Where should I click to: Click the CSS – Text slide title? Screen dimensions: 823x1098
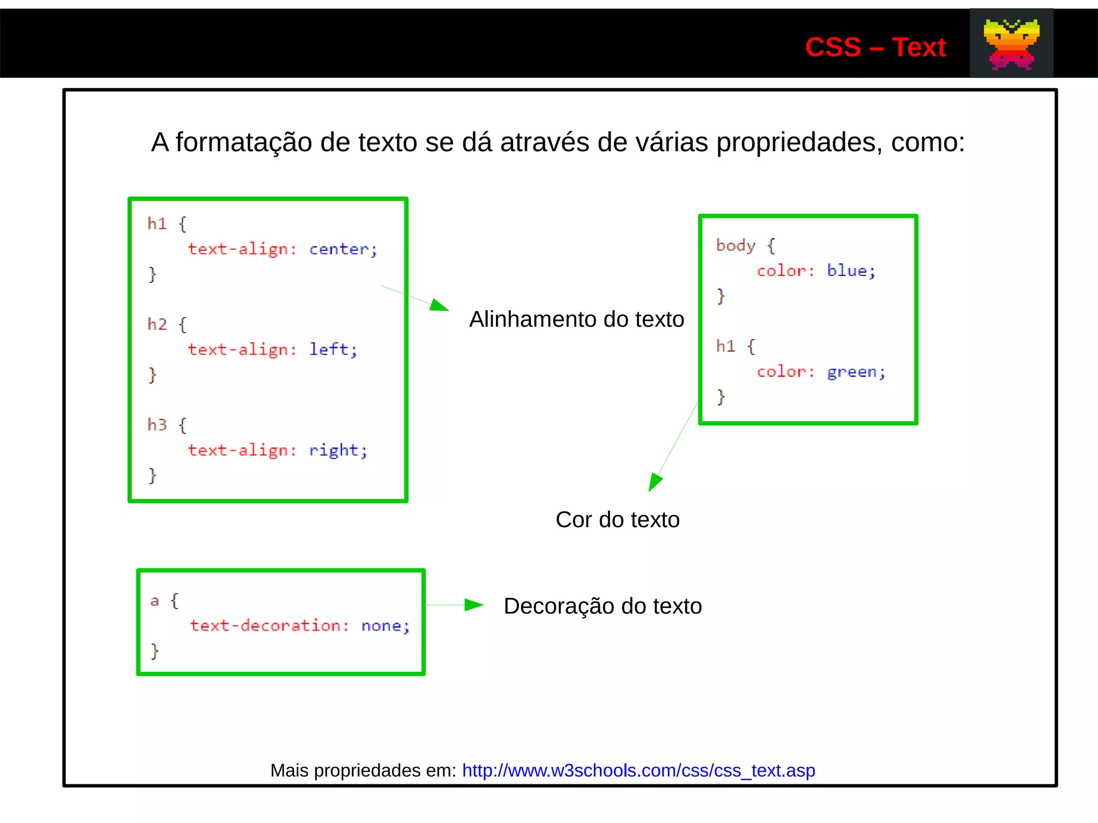pyautogui.click(x=875, y=47)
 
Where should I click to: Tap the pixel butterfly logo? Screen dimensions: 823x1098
pyautogui.click(x=1011, y=44)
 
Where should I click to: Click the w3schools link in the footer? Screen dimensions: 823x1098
pyautogui.click(x=638, y=770)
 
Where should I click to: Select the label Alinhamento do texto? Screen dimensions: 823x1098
pyautogui.click(x=576, y=319)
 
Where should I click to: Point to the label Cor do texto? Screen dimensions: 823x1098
pyautogui.click(x=617, y=520)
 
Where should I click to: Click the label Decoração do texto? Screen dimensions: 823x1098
pyautogui.click(x=603, y=606)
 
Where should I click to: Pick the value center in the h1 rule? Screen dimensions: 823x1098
pyautogui.click(x=339, y=249)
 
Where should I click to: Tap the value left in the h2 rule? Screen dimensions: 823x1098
pyautogui.click(x=329, y=349)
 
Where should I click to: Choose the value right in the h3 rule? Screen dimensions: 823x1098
pyautogui.click(x=333, y=450)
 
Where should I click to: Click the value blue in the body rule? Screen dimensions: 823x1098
pyautogui.click(x=847, y=271)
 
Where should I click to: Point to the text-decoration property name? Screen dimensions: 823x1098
pyautogui.click(x=265, y=626)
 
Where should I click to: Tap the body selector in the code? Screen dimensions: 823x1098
pyautogui.click(x=736, y=245)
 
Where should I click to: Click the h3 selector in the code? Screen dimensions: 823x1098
pyautogui.click(x=157, y=425)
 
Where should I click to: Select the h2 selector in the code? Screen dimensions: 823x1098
pyautogui.click(x=157, y=324)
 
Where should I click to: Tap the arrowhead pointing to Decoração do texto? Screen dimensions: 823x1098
pyautogui.click(x=473, y=605)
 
